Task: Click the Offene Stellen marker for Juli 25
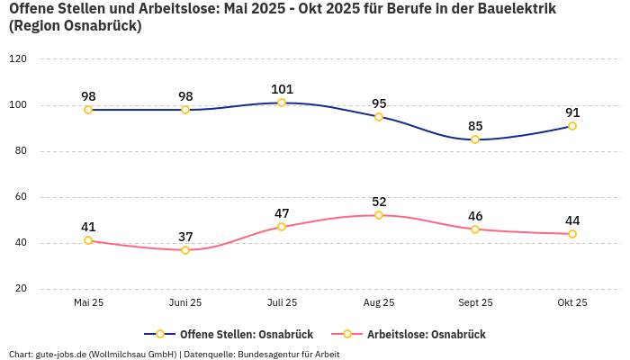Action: tap(282, 103)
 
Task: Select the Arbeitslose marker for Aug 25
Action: tap(379, 215)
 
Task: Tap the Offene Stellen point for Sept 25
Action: tap(475, 139)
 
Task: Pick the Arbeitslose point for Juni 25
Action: tap(185, 249)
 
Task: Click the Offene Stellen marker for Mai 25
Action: tap(88, 110)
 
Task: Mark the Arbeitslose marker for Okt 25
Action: tap(572, 234)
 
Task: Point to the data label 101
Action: tap(282, 89)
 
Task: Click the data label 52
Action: tap(379, 202)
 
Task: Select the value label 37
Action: tap(185, 237)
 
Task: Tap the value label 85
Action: tap(475, 126)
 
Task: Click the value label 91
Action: tap(572, 112)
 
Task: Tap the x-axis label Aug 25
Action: tap(379, 303)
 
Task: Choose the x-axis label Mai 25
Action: tap(88, 303)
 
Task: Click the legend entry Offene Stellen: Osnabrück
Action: tap(229, 335)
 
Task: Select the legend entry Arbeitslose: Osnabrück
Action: tap(416, 335)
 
